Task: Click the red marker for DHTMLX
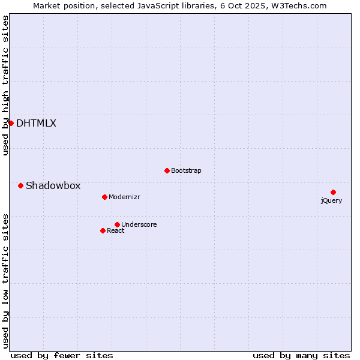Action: (x=11, y=123)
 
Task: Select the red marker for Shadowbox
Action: (x=20, y=185)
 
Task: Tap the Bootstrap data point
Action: (x=167, y=170)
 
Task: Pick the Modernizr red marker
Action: (x=104, y=197)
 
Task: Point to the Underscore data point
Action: (x=117, y=224)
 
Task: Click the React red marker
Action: (x=103, y=230)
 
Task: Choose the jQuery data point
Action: (x=333, y=192)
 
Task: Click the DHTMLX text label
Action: (x=36, y=124)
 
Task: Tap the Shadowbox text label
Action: (x=53, y=186)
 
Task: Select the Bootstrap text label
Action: (x=186, y=170)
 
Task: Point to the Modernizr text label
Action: (x=124, y=197)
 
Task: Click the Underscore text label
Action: (x=139, y=224)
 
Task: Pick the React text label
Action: (x=116, y=230)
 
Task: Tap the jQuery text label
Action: (x=331, y=200)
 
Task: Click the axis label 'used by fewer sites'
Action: (x=62, y=355)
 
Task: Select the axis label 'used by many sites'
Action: (x=301, y=355)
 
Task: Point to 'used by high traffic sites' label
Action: (x=6, y=86)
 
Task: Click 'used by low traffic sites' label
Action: (x=6, y=280)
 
